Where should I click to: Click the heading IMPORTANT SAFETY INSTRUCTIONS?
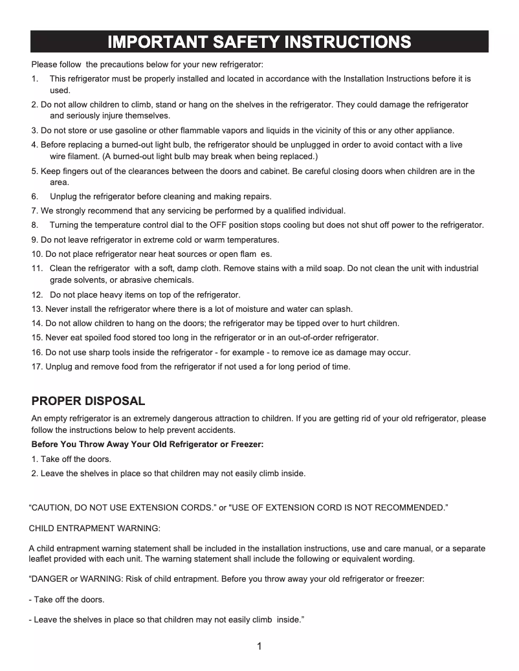pos(259,43)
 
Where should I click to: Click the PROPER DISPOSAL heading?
pos(88,401)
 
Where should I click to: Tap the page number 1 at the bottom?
pos(259,646)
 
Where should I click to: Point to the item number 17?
pos(37,367)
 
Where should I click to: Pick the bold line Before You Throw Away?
pos(148,445)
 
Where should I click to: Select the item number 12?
pos(37,295)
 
